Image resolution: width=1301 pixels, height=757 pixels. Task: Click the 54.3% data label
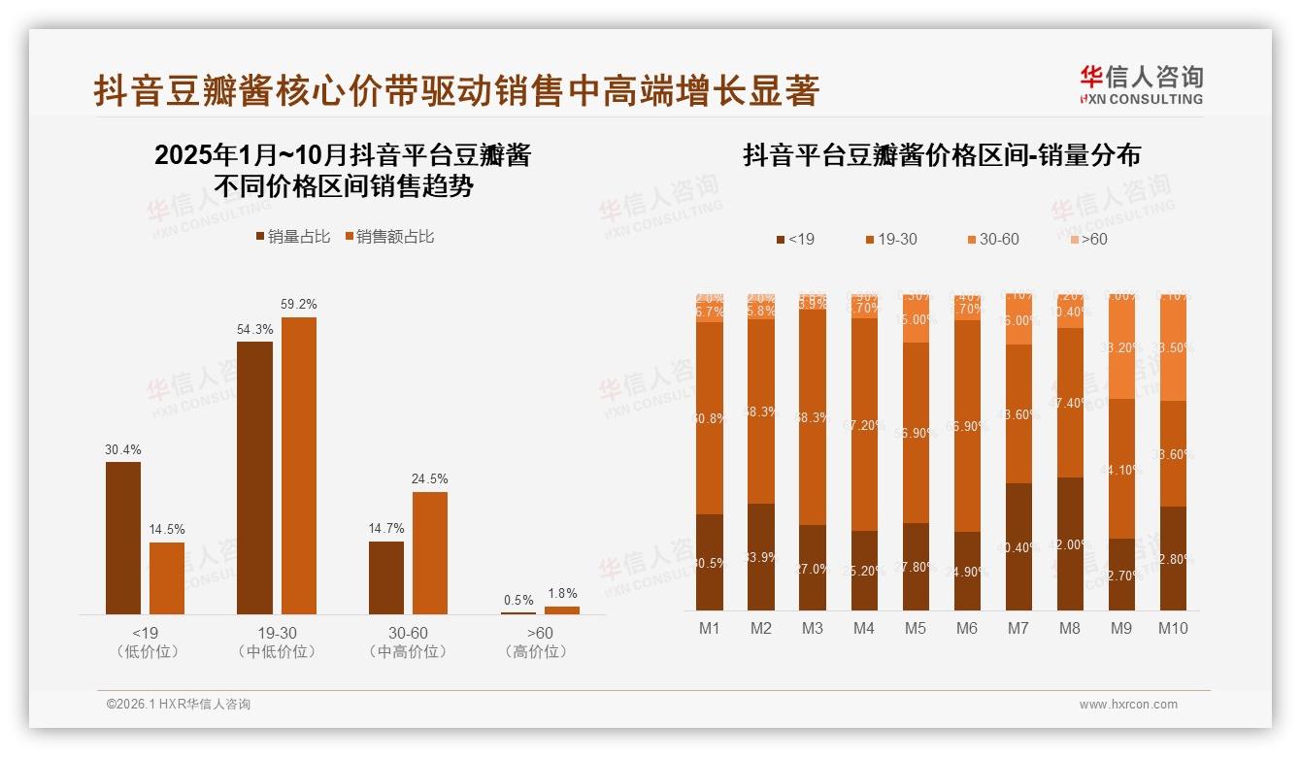pyautogui.click(x=254, y=329)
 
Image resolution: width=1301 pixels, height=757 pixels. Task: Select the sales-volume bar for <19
pyautogui.click(x=123, y=538)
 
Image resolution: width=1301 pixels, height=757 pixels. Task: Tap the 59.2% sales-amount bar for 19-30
pyautogui.click(x=299, y=466)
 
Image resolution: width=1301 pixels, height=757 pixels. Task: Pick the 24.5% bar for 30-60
pyautogui.click(x=430, y=552)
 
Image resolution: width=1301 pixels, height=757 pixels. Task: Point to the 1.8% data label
pyautogui.click(x=561, y=593)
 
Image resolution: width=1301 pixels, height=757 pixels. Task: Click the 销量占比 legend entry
pyautogui.click(x=293, y=237)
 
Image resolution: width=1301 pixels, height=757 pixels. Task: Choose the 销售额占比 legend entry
pyautogui.click(x=389, y=237)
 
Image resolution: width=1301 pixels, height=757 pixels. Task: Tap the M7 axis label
pyautogui.click(x=1017, y=628)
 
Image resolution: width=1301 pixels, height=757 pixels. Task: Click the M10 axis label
pyautogui.click(x=1172, y=628)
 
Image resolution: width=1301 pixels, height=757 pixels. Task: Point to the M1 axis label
pyautogui.click(x=710, y=628)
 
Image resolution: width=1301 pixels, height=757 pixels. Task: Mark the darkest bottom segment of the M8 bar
pyautogui.click(x=1069, y=543)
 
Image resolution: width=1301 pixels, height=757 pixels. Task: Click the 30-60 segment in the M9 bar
pyautogui.click(x=1120, y=347)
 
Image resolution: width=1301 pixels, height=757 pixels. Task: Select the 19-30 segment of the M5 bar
pyautogui.click(x=915, y=433)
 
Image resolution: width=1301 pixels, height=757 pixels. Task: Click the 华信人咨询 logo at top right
pyautogui.click(x=1141, y=84)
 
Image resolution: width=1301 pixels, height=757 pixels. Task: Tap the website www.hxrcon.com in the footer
pyautogui.click(x=1128, y=705)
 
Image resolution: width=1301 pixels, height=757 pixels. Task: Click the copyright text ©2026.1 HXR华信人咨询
pyautogui.click(x=179, y=705)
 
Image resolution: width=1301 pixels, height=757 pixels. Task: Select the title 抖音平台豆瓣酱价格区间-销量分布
pyautogui.click(x=942, y=155)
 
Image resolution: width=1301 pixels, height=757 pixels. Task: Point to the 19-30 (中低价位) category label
pyautogui.click(x=277, y=642)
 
